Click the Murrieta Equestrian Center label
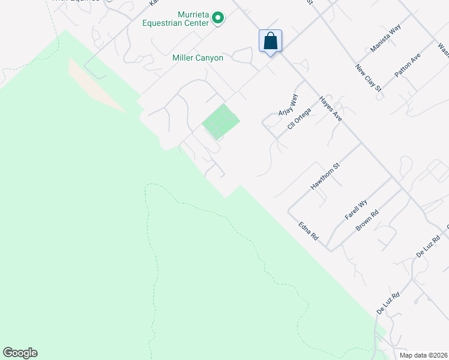pyautogui.click(x=192, y=19)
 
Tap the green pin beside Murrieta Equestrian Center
pyautogui.click(x=218, y=19)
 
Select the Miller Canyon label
pyautogui.click(x=197, y=58)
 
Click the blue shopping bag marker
pyautogui.click(x=271, y=41)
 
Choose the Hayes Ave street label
pyautogui.click(x=330, y=109)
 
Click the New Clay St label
pyautogui.click(x=368, y=77)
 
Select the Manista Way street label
pyautogui.click(x=385, y=39)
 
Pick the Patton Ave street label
pyautogui.click(x=408, y=66)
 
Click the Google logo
pyautogui.click(x=20, y=353)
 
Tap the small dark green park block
pyautogui.click(x=220, y=121)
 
